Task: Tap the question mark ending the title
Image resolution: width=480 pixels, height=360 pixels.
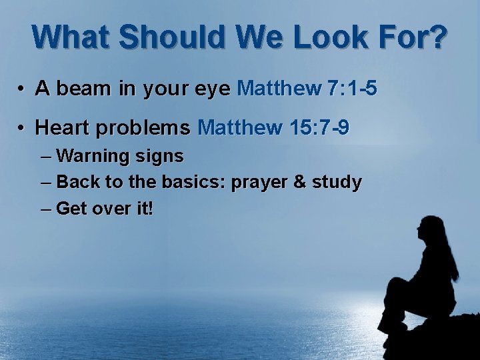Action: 435,38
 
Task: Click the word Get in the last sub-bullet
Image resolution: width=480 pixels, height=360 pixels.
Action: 71,209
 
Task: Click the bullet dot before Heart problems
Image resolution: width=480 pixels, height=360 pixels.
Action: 22,127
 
